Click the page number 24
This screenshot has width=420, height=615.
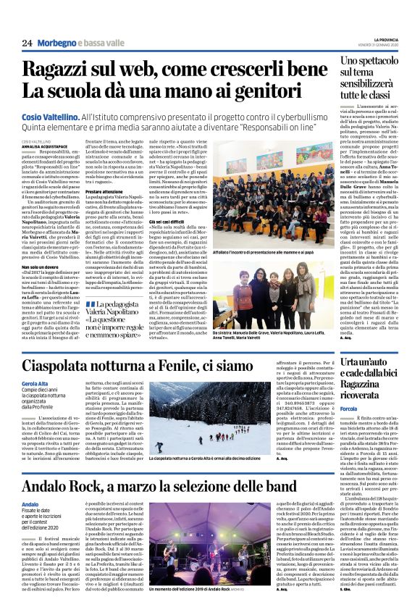(27, 43)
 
